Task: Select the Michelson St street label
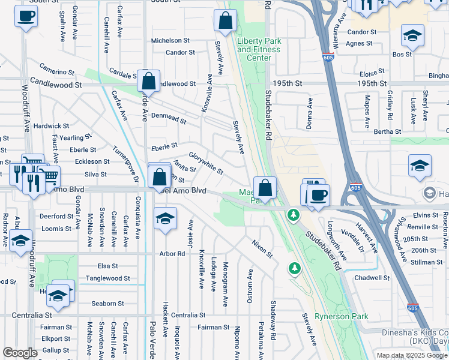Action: [170, 41]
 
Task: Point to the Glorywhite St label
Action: [206, 163]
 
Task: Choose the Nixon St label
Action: [262, 249]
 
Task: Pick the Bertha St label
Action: [387, 131]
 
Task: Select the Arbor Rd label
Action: [172, 254]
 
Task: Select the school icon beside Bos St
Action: [412, 35]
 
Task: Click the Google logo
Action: [20, 353]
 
